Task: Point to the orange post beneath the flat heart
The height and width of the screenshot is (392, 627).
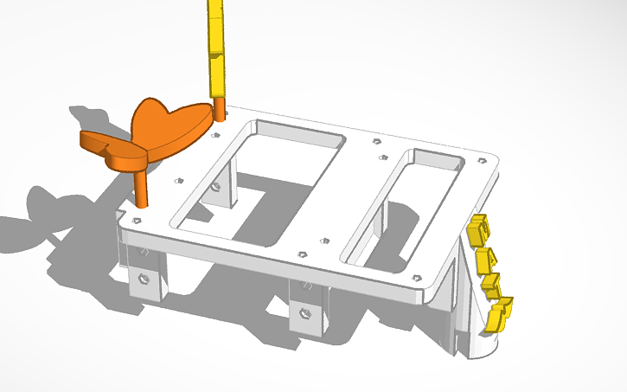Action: click(140, 186)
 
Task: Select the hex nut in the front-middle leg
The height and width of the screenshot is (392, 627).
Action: click(304, 312)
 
